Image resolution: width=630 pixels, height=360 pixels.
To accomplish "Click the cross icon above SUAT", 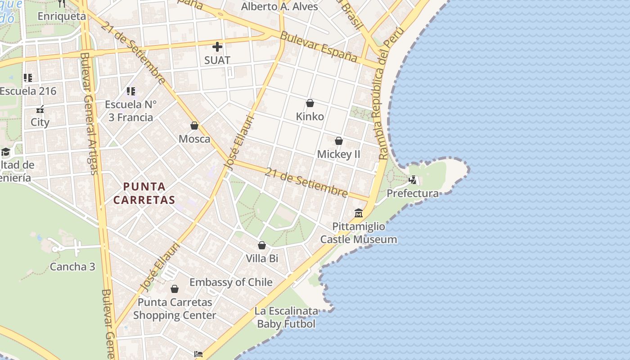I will coord(217,46).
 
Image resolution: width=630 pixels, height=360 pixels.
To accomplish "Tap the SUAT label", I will coord(217,60).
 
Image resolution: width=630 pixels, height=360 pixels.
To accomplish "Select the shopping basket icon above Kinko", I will coord(310,103).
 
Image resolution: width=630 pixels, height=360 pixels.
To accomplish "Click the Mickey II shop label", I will coord(339,154).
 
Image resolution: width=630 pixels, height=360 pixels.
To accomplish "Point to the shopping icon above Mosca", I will coord(194,126).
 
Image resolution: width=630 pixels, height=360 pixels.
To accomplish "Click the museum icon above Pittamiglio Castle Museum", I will coord(359,213).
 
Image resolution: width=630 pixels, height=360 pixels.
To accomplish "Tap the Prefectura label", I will coord(413,193).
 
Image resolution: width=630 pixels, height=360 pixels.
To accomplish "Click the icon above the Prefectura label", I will coord(413,180).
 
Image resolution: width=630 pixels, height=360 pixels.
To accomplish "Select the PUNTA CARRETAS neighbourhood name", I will coord(144,193).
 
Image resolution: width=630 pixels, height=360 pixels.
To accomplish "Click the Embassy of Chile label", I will coord(231,282).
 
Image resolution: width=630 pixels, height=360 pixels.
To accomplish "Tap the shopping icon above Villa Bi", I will coord(262,245).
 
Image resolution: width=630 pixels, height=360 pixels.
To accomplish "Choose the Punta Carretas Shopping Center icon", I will coord(175,289).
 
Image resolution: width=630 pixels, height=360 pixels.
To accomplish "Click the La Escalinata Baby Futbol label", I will coord(286,317).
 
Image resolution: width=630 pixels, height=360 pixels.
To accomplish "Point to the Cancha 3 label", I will coord(72,267).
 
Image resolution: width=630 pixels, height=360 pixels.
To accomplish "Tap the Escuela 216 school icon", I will coord(28,78).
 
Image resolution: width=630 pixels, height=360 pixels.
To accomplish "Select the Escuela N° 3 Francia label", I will coord(130,111).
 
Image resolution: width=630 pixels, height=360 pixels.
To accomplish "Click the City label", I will coord(40,122).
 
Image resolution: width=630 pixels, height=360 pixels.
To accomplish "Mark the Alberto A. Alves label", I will coord(279,6).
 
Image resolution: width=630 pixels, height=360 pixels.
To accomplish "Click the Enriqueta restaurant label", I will coord(62,16).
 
